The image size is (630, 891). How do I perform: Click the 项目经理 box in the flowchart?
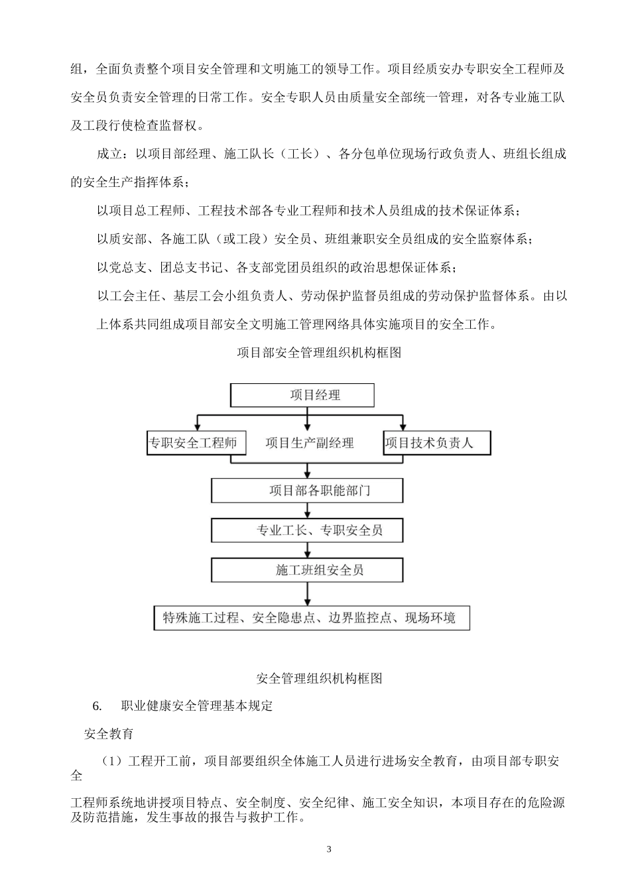click(x=302, y=395)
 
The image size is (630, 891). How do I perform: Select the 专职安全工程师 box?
click(x=196, y=443)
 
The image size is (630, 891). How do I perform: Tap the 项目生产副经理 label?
click(x=309, y=443)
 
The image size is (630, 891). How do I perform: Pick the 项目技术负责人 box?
click(x=436, y=443)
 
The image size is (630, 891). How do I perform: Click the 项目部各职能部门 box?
click(x=307, y=491)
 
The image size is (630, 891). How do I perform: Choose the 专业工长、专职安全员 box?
click(x=307, y=530)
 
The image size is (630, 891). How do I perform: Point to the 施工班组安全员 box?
click(x=307, y=570)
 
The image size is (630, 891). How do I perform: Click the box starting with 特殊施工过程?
click(x=311, y=619)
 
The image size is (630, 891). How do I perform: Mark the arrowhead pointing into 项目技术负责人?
click(x=402, y=426)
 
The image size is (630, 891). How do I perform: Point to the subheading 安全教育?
click(x=109, y=734)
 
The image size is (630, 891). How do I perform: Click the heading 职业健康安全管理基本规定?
click(x=197, y=706)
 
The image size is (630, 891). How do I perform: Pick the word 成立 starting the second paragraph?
click(x=110, y=154)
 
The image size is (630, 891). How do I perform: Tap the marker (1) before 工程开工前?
click(x=113, y=761)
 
